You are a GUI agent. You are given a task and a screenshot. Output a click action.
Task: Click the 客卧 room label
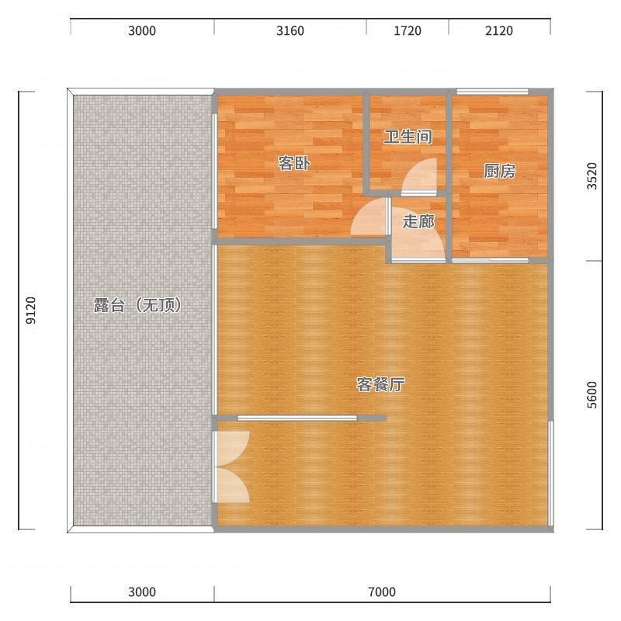(x=294, y=163)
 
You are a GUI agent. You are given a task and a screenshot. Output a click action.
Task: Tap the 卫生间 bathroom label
(x=408, y=137)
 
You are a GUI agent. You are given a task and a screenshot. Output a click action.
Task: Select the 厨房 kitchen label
(x=499, y=171)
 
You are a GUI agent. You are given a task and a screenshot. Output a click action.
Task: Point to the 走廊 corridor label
(x=418, y=221)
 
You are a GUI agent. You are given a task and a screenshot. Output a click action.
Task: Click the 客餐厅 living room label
(x=380, y=384)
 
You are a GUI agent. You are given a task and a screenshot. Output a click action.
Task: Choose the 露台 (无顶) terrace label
(x=137, y=305)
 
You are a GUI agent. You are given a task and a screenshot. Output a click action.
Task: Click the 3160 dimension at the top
(x=290, y=31)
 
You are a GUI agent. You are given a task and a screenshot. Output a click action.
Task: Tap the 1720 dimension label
(x=407, y=31)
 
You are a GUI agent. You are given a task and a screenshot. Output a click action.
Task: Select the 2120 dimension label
(x=499, y=31)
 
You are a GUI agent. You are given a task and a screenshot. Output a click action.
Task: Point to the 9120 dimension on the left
(x=31, y=310)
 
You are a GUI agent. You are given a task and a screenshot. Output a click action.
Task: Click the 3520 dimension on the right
(x=592, y=176)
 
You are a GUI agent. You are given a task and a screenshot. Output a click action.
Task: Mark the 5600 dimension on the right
(x=592, y=395)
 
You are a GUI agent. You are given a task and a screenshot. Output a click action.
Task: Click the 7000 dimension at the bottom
(x=382, y=592)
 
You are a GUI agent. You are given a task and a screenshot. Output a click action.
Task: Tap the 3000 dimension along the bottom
(x=142, y=592)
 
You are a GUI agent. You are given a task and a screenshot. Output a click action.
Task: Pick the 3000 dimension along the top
(x=142, y=31)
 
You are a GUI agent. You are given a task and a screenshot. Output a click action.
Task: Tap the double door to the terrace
(x=231, y=467)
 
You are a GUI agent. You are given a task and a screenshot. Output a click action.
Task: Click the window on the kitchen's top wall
(x=492, y=92)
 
